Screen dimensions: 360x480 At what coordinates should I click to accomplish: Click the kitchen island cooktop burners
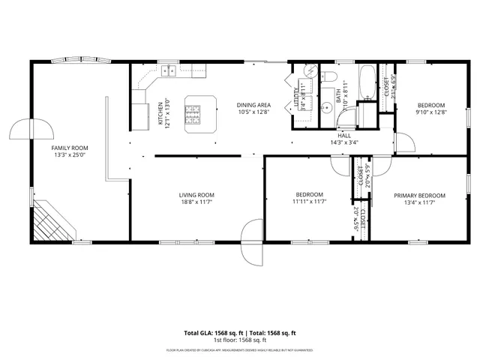[x=194, y=115]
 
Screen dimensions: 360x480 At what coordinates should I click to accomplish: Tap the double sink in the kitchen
[x=168, y=71]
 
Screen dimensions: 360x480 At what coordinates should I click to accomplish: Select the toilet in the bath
[x=328, y=76]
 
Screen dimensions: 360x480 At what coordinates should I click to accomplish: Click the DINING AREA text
[x=253, y=105]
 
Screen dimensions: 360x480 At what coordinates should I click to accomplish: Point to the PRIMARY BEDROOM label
[x=419, y=195]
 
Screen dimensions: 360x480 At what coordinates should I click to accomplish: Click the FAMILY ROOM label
[x=70, y=148]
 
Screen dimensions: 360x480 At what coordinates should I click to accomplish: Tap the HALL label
[x=344, y=136]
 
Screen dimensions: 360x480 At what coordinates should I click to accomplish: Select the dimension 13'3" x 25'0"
[x=70, y=156]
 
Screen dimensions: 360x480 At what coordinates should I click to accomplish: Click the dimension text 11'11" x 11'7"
[x=308, y=202]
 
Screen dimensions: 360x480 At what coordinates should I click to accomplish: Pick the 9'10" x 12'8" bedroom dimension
[x=431, y=112]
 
